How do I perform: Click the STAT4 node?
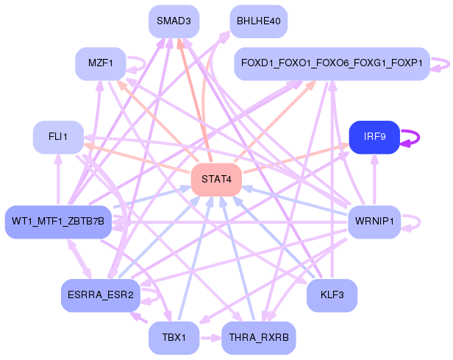tap(216, 180)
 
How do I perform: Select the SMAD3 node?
tap(174, 21)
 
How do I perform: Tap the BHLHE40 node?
tap(258, 21)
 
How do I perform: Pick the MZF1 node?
tap(99, 64)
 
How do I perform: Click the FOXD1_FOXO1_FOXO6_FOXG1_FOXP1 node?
tap(332, 64)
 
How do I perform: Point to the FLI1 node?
tap(58, 138)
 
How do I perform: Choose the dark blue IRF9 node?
tap(374, 137)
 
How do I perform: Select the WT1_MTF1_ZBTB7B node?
tap(58, 222)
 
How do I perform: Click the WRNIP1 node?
tap(374, 222)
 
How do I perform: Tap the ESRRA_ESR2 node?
tap(99, 295)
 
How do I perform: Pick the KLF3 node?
tap(332, 295)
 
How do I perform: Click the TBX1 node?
tap(174, 338)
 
